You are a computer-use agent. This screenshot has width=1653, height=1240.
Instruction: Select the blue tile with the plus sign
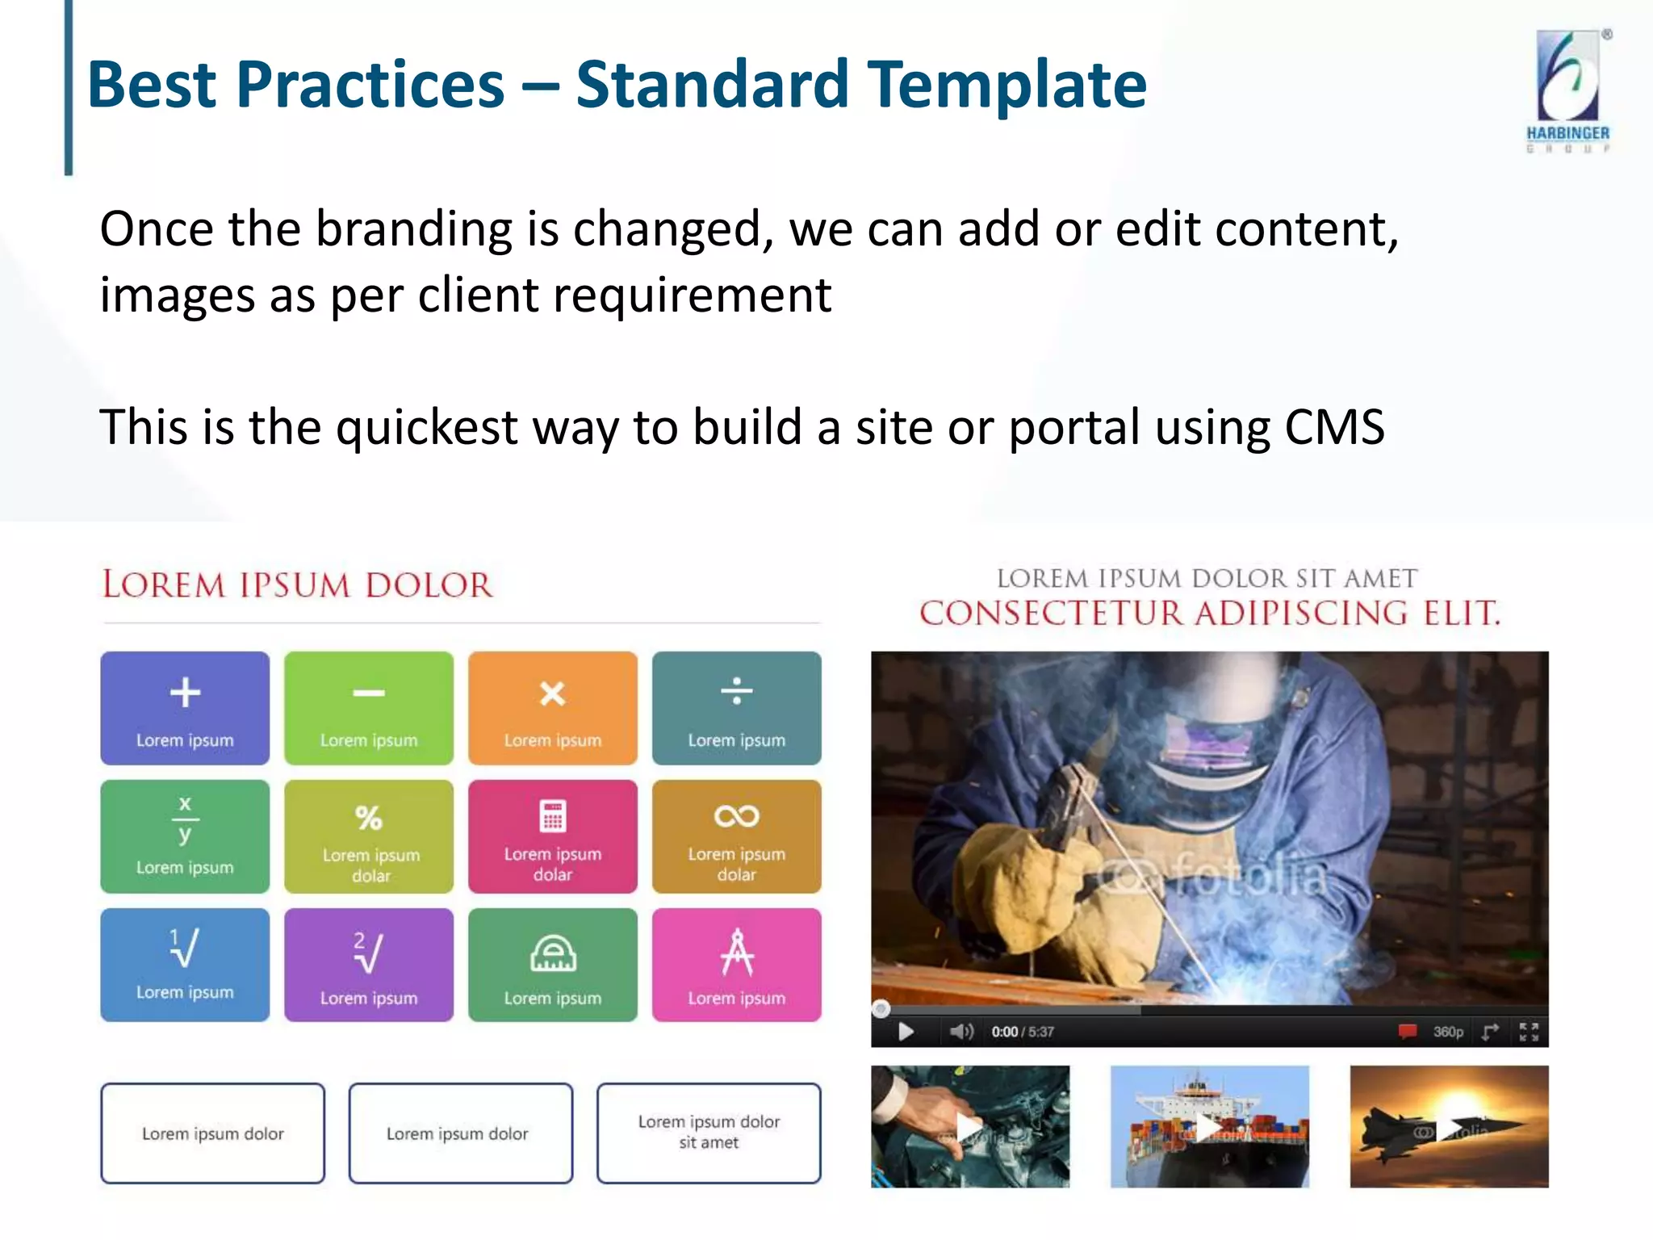coord(185,708)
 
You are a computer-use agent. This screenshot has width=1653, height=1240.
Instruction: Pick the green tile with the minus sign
coord(369,708)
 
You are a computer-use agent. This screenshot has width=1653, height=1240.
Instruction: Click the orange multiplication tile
coord(553,708)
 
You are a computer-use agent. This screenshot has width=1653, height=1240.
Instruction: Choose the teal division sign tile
coord(736,708)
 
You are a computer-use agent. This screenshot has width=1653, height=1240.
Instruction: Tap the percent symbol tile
coord(369,836)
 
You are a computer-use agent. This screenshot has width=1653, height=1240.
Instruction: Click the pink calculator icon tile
coord(553,836)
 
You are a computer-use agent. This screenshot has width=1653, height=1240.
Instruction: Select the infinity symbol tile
coord(736,836)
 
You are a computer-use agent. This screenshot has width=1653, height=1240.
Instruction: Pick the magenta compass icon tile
coord(736,965)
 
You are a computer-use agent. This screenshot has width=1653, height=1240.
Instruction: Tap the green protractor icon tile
coord(553,965)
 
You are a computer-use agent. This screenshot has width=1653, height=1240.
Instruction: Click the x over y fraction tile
coord(185,836)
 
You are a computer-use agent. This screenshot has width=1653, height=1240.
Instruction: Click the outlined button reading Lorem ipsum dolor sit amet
coord(709,1133)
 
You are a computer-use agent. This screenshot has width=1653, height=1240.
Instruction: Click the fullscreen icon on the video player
coord(1529,1031)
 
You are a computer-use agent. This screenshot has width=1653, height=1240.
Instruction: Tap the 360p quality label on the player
coord(1448,1032)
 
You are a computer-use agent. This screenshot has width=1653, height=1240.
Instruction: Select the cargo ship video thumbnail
coord(1209,1126)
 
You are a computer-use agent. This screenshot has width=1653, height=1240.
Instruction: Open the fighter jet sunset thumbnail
coord(1449,1126)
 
